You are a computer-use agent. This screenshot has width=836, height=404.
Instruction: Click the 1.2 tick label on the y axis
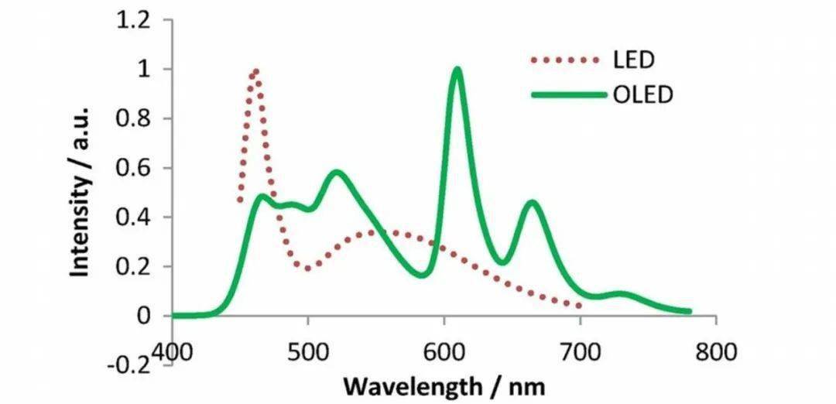132,21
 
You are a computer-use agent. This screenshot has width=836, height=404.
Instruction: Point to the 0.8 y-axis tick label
132,119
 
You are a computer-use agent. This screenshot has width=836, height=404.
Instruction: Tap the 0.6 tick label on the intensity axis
132,168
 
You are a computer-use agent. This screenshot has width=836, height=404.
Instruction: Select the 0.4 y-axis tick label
132,217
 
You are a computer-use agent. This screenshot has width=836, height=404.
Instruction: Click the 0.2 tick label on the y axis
132,266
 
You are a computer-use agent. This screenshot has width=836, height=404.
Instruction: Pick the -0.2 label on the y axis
128,365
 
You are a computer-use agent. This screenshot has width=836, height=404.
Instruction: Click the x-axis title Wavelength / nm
444,385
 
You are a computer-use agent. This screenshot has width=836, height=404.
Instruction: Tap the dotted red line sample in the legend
565,60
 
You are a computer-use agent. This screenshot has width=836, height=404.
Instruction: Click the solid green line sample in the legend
567,94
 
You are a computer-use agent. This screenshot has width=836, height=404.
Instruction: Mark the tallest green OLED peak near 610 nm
457,70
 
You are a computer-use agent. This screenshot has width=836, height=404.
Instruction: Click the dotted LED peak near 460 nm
254,72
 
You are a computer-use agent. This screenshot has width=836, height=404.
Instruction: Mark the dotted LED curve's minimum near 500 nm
308,269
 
